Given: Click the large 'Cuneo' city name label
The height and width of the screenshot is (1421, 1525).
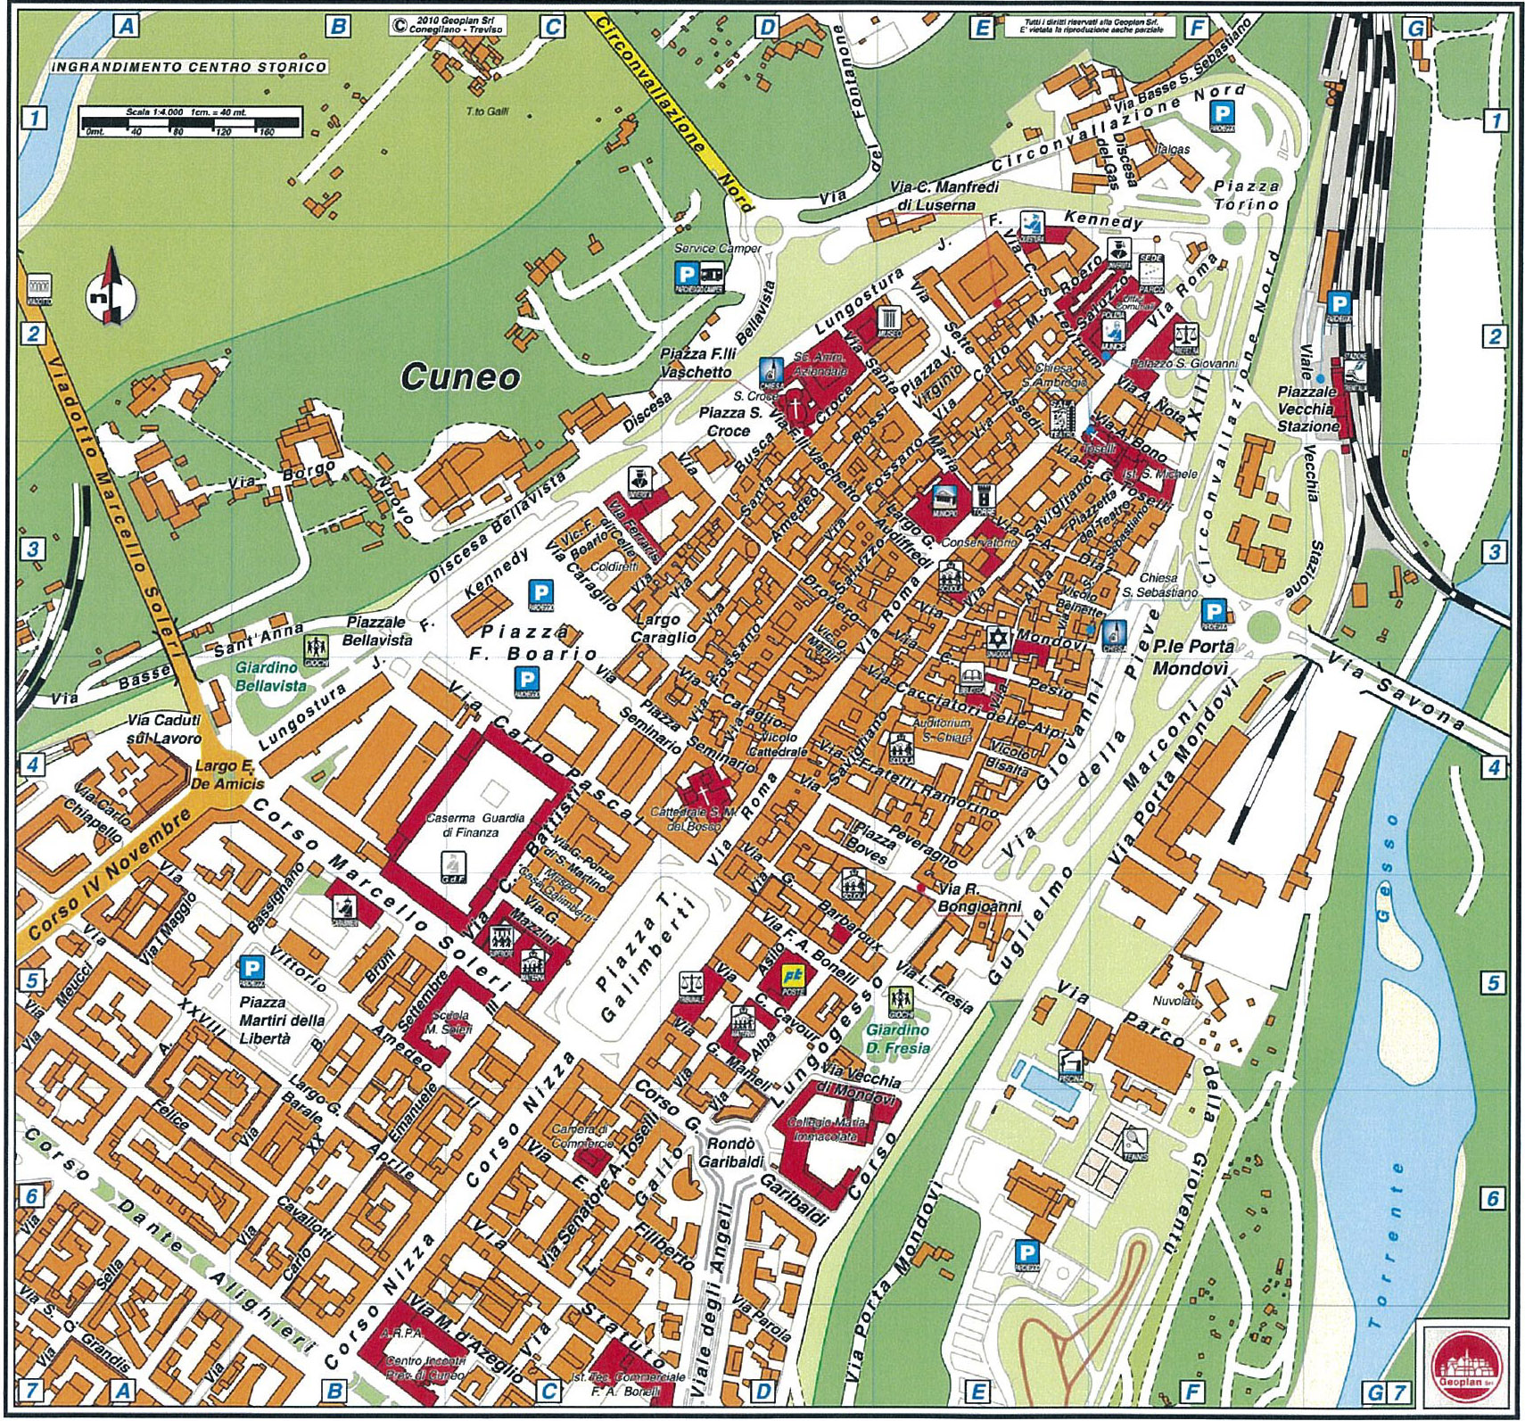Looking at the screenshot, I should point(459,376).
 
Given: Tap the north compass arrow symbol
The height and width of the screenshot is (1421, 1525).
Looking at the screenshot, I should point(111,287).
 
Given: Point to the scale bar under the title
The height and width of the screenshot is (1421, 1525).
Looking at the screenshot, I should point(190,120).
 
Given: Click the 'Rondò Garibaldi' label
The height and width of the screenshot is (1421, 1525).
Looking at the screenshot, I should point(730,1152).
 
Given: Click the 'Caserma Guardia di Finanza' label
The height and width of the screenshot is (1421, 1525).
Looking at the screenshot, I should point(474,824).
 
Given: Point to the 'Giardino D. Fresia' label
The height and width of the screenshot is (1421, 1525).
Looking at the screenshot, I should point(897,1039).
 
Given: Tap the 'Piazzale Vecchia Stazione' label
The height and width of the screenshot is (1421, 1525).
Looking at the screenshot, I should point(1307,409).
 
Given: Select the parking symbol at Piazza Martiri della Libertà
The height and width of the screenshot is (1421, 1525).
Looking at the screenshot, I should point(252,969).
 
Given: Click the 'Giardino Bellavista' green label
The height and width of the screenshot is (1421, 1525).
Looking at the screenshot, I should point(270,676).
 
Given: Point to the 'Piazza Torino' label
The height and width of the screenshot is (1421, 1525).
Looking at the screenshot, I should point(1246,194).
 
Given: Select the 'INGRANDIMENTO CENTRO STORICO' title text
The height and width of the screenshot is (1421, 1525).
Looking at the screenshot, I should point(189,67).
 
